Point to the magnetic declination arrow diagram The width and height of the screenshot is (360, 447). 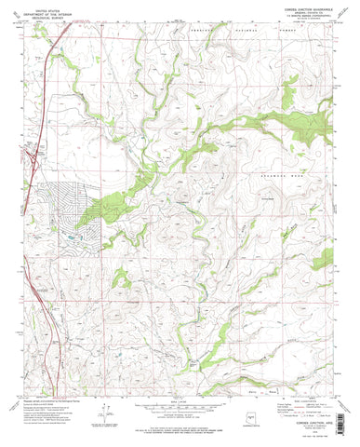coord(113,416)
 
